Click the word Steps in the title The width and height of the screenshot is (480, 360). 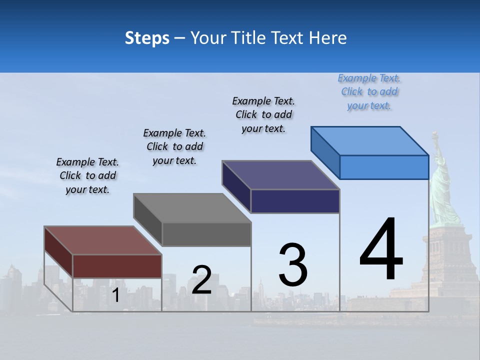click(x=147, y=38)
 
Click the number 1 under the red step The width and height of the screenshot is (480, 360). click(x=115, y=295)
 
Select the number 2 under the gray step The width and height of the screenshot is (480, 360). click(x=201, y=280)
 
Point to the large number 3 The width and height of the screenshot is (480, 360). click(x=293, y=265)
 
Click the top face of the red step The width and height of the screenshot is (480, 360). click(x=102, y=240)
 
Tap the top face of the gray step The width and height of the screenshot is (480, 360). click(x=192, y=208)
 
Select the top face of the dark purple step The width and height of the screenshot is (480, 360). click(x=281, y=175)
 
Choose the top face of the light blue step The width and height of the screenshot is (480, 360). click(x=370, y=141)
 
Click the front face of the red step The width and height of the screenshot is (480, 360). click(x=117, y=265)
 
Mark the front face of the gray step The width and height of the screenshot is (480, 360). click(x=206, y=234)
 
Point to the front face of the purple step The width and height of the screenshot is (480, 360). click(x=295, y=201)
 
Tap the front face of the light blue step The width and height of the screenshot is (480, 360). click(x=384, y=167)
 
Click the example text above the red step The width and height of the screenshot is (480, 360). click(x=87, y=176)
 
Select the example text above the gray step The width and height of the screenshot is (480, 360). click(x=174, y=146)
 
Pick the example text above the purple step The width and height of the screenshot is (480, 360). click(x=263, y=114)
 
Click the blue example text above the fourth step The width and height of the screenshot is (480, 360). click(x=369, y=92)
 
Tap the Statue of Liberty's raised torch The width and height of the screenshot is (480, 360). click(x=434, y=135)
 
